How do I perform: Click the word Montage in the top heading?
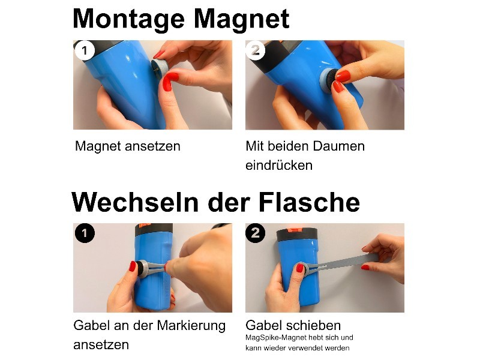click(129, 19)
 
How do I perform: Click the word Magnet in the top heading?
click(242, 19)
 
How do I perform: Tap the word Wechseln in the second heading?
click(135, 202)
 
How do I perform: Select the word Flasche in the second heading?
click(309, 202)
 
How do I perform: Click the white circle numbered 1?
click(85, 50)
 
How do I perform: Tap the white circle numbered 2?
click(256, 50)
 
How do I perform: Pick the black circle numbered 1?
click(85, 233)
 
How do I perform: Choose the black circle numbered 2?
click(256, 233)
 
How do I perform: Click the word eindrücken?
click(279, 166)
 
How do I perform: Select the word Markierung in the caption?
click(191, 326)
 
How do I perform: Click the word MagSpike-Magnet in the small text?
click(277, 338)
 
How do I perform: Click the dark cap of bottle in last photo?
click(296, 234)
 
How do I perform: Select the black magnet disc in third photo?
click(142, 268)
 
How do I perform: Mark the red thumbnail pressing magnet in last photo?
click(299, 268)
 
